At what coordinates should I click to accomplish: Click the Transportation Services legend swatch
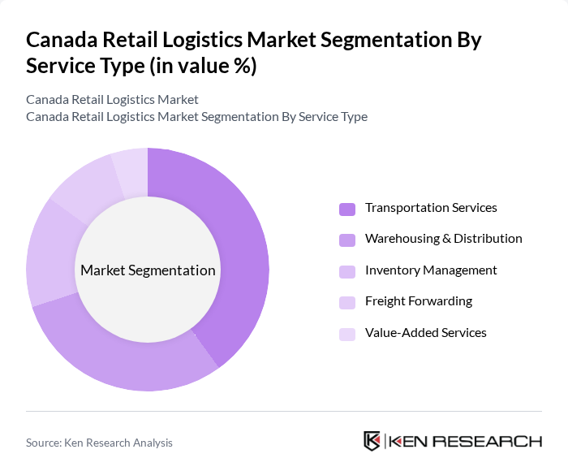347,209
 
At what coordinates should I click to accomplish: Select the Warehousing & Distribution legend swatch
347,240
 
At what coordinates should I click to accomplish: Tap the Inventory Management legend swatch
347,271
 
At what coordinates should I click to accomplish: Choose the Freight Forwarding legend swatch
347,302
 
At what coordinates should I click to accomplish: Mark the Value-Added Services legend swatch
347,333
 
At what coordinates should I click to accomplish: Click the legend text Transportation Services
431,208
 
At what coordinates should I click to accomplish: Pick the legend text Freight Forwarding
419,301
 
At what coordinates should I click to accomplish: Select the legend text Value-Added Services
426,332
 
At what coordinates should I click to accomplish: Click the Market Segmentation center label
148,270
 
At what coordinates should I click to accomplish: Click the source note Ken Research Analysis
99,443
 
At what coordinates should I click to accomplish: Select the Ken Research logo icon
372,441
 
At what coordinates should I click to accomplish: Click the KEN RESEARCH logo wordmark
466,441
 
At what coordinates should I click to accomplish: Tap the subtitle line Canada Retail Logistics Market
112,100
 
